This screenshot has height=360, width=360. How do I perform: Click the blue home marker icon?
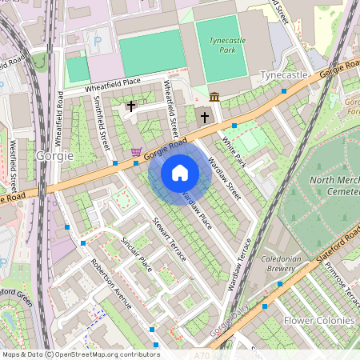180,173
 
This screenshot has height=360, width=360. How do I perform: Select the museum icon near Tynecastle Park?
214,97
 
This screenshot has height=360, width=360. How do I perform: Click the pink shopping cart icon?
137,151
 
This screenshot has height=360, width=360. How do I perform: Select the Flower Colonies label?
318,320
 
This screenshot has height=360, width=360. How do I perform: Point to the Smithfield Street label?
101,124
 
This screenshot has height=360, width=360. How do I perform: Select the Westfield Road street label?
14,164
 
